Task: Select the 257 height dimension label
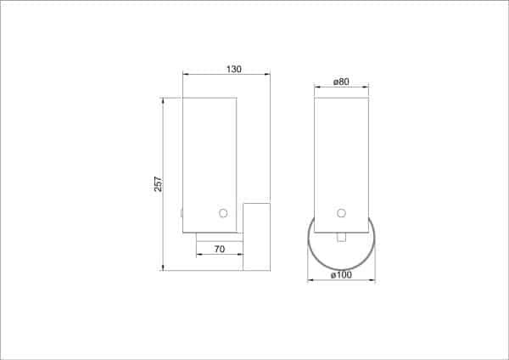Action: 157,184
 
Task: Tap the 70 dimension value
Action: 219,250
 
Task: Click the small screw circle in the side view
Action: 223,213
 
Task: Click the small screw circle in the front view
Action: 341,212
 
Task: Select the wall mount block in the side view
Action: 256,236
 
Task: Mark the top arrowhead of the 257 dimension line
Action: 164,99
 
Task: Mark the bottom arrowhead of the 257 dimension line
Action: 164,269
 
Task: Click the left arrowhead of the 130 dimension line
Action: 185,76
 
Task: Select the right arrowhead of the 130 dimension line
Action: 268,76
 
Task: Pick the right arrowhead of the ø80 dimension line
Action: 368,87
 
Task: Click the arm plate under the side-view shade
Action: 219,237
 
